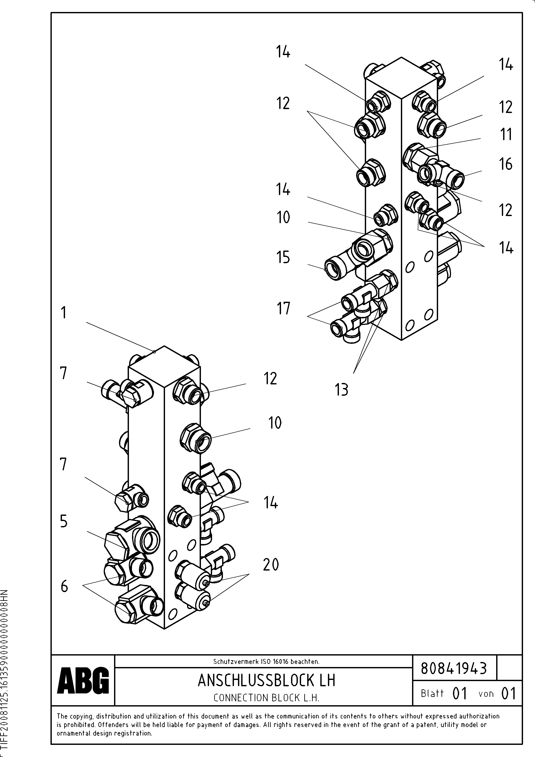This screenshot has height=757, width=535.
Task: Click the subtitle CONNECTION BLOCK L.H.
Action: [x=266, y=698]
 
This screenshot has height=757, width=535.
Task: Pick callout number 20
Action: [x=271, y=565]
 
